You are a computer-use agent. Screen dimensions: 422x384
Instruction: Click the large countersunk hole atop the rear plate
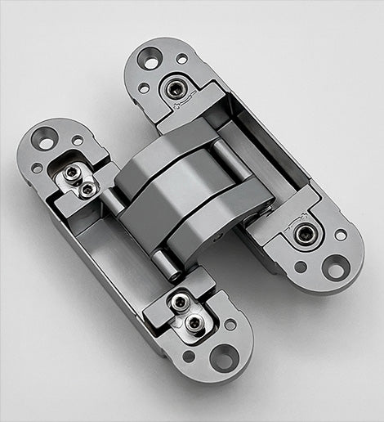[150, 58]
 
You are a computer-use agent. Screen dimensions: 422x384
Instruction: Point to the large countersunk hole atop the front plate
[46, 141]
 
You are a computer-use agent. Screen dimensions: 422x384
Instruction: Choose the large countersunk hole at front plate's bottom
[221, 357]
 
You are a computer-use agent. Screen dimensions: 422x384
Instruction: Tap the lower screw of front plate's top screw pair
[87, 189]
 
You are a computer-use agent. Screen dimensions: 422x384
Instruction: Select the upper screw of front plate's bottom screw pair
[181, 304]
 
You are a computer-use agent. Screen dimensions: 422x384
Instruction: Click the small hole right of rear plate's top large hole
[181, 59]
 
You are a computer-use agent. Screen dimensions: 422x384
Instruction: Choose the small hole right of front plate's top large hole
[77, 141]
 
